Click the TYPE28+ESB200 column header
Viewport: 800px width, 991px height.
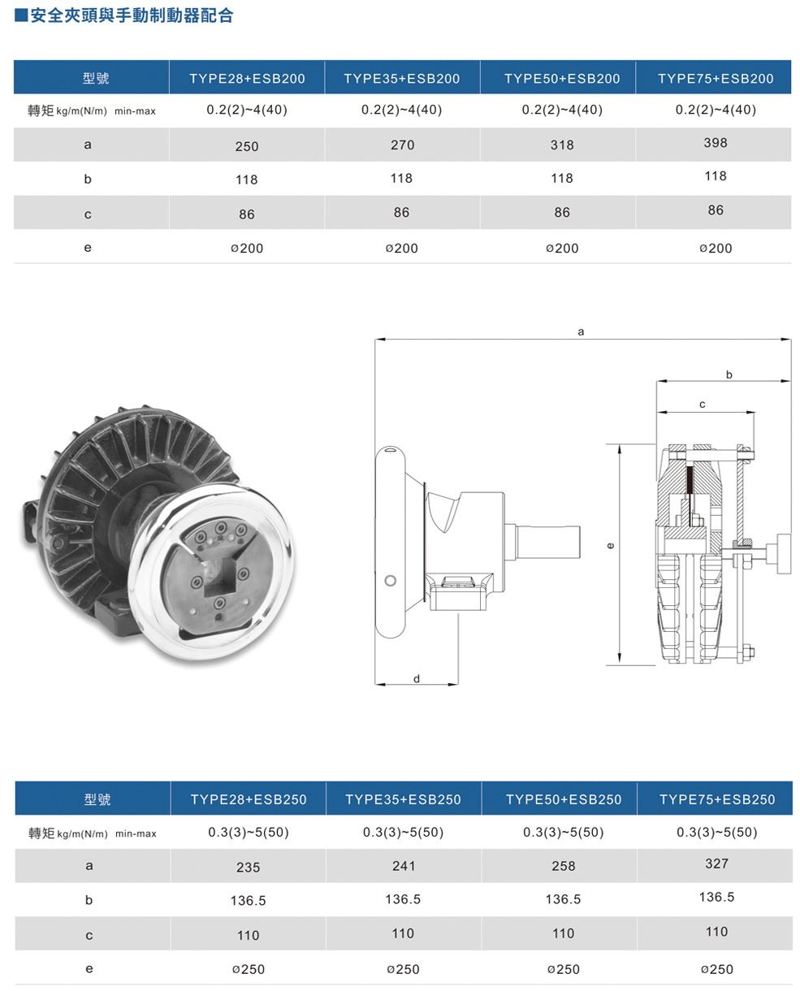(247, 79)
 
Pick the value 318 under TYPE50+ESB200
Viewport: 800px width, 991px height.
(561, 145)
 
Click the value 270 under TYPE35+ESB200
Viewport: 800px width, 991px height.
(402, 145)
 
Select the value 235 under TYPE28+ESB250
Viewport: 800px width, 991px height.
(248, 867)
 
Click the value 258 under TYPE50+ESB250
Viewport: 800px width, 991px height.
(563, 866)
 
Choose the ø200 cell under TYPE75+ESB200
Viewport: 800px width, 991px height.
(716, 248)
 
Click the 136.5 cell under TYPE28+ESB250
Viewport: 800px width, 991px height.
(248, 901)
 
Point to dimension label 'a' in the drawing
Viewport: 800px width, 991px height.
(581, 331)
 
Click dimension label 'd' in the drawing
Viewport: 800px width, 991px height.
(416, 678)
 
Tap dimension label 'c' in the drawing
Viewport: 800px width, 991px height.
(703, 404)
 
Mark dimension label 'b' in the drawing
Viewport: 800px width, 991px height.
(729, 374)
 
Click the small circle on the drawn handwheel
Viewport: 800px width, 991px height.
(391, 580)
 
